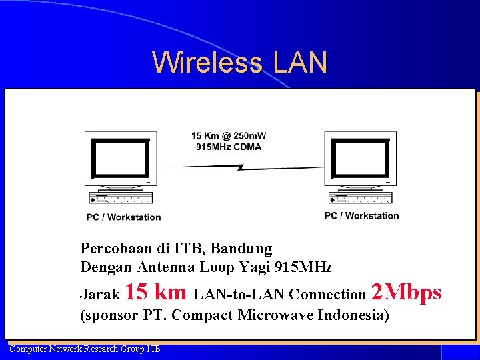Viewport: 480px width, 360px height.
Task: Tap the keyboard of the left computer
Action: [121, 198]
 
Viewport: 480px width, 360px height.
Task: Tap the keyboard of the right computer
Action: [361, 198]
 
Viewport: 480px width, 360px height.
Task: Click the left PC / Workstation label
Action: [123, 217]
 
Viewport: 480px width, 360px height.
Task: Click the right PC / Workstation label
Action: [361, 215]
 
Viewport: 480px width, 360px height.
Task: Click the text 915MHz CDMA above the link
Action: [229, 147]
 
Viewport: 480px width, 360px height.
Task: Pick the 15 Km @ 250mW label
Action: [229, 137]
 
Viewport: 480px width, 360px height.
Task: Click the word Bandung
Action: [241, 249]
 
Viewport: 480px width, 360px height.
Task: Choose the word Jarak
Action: [100, 294]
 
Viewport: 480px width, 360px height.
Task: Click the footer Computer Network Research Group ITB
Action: [85, 349]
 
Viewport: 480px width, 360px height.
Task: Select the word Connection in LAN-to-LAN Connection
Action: [328, 294]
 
